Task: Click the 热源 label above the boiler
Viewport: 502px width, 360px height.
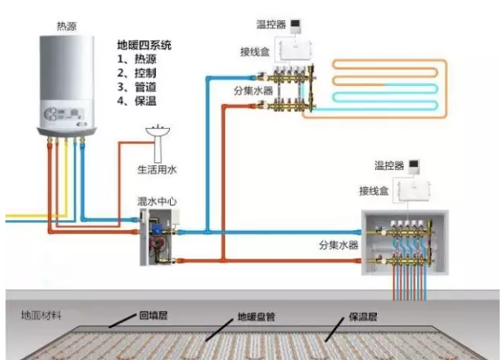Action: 66,26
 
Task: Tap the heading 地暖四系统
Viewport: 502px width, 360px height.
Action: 141,44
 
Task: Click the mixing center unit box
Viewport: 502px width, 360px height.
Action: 159,235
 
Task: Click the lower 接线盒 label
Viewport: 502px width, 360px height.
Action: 374,190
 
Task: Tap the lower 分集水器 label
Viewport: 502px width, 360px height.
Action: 338,245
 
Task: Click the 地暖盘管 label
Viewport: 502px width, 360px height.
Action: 257,317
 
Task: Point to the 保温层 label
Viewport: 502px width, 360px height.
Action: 365,316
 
